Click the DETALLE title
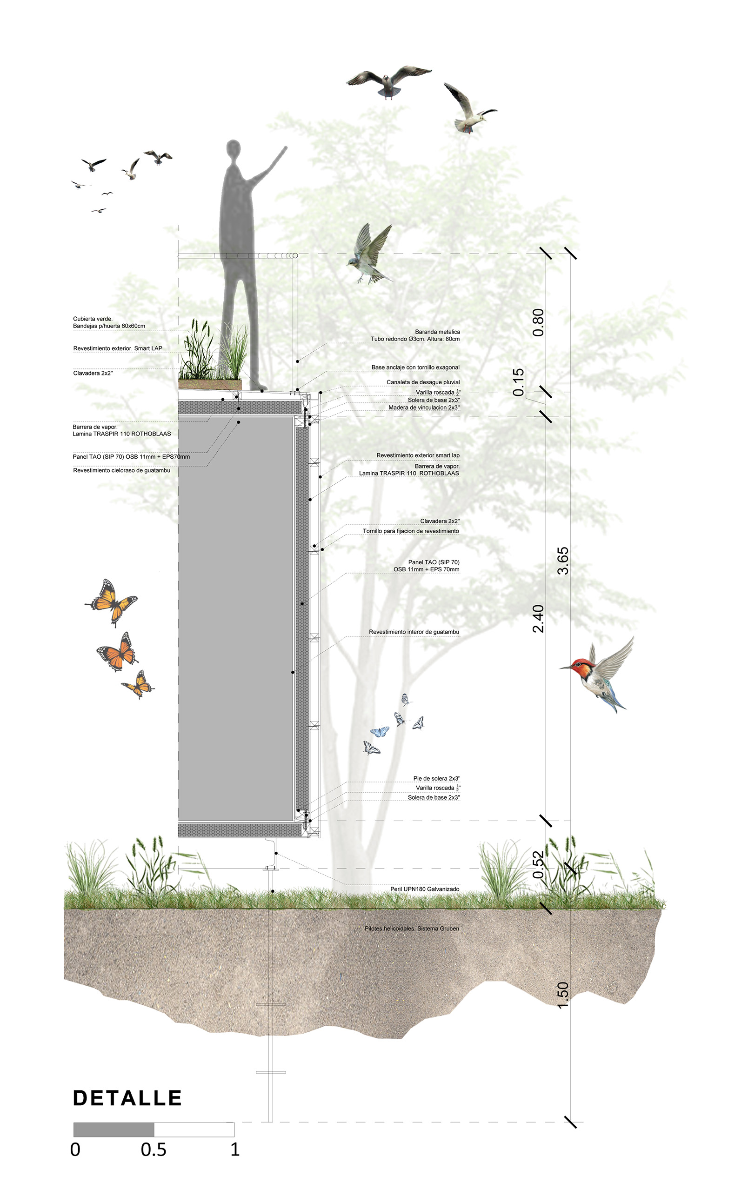(127, 1098)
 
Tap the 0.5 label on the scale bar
(154, 1150)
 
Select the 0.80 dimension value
(538, 322)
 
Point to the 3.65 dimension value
(562, 561)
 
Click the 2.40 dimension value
(538, 619)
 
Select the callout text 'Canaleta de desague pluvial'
(423, 382)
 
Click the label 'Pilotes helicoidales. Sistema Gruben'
(412, 928)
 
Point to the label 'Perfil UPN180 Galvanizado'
(424, 889)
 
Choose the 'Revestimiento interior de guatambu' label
(414, 632)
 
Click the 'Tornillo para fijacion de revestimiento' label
(411, 531)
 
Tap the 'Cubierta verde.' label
(93, 319)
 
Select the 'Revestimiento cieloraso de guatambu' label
(121, 470)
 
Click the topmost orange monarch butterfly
(111, 602)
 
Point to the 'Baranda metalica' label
(438, 332)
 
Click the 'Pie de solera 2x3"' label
(437, 778)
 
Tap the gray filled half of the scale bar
(114, 1129)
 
